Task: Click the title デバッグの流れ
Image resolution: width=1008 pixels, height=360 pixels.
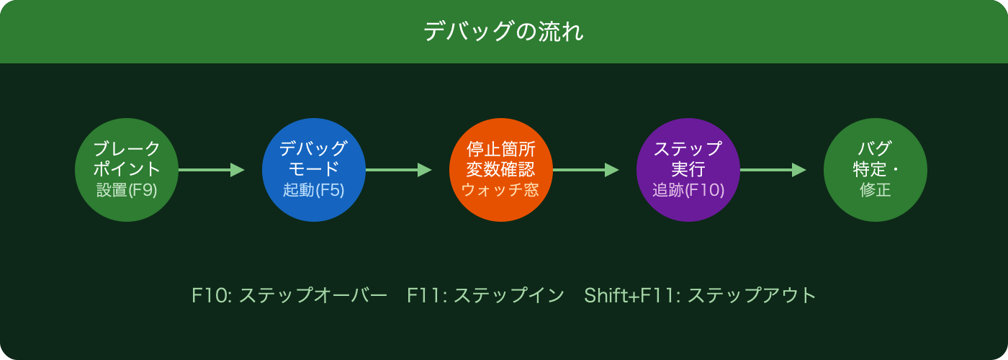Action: (503, 32)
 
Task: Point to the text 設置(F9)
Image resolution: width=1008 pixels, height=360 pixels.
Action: (127, 191)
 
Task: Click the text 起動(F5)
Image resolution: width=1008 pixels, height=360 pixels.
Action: (314, 191)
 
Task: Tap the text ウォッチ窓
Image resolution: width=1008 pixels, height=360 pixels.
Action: (500, 191)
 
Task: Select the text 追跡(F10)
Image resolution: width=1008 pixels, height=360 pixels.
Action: (688, 191)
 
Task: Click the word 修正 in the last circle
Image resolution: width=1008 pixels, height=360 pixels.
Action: (875, 191)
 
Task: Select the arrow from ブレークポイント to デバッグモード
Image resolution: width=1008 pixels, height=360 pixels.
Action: (211, 170)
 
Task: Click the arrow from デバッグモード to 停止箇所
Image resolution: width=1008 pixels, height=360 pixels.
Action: (398, 170)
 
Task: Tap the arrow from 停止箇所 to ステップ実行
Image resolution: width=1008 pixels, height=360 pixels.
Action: (585, 170)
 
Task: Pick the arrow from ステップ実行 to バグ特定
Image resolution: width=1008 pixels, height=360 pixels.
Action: (773, 170)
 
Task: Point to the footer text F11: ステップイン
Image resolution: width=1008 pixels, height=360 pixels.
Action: (485, 296)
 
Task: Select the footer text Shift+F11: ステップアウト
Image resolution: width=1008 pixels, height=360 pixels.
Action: (700, 296)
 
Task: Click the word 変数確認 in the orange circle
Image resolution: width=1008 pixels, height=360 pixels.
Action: (500, 170)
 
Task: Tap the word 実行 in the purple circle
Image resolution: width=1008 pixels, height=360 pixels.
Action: (688, 170)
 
